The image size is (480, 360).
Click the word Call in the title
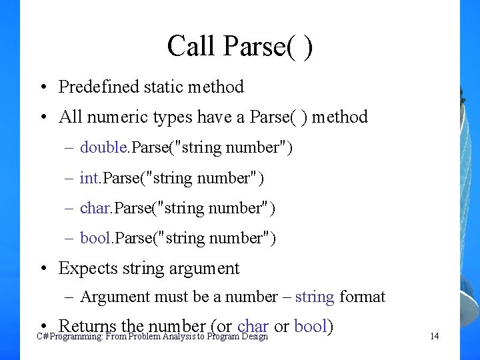(x=191, y=47)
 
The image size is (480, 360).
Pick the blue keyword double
(x=103, y=147)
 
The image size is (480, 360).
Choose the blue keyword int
(x=89, y=178)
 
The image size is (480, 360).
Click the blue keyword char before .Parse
(x=95, y=208)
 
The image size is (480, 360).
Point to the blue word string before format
(x=315, y=297)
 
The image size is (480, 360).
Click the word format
(x=363, y=297)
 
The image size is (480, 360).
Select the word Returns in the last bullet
(x=88, y=326)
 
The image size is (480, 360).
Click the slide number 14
(x=434, y=337)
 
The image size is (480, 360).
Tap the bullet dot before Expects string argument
(x=43, y=269)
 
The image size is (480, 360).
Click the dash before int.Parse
(x=69, y=178)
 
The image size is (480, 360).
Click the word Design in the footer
(x=254, y=337)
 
